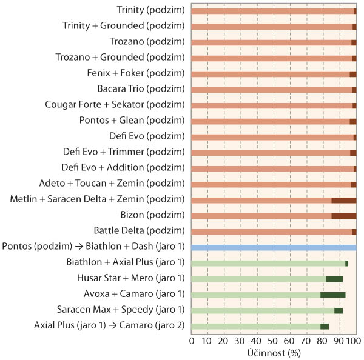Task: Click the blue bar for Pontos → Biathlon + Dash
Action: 274,247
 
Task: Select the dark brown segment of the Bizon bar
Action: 344,216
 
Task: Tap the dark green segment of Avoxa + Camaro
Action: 333,295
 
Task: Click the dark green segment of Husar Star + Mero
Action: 334,279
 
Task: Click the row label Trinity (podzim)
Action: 150,10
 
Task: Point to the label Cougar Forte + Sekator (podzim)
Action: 115,105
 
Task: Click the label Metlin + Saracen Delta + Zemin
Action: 98,199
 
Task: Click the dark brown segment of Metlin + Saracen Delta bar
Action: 344,200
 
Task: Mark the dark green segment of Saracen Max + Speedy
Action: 339,310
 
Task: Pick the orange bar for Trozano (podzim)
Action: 271,42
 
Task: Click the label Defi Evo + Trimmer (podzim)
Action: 123,152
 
